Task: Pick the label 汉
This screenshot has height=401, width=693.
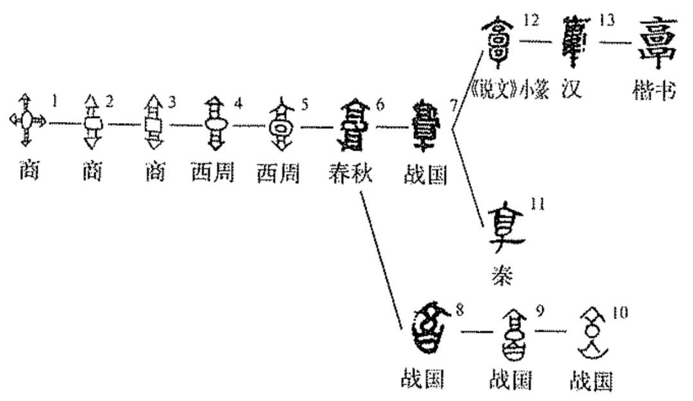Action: tap(570, 90)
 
